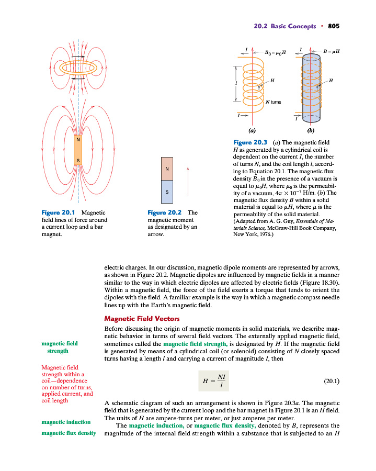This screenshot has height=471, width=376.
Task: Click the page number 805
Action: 334,26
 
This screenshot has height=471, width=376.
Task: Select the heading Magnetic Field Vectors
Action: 142,318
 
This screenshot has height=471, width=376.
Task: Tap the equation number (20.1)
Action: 332,381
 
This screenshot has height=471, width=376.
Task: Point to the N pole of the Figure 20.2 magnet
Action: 167,169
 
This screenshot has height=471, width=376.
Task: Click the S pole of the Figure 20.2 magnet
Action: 167,192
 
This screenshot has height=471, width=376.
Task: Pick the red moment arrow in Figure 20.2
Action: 187,181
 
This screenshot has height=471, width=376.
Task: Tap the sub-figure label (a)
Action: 252,130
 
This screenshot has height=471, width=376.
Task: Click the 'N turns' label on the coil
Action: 273,102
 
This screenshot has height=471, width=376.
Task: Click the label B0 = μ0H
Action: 275,53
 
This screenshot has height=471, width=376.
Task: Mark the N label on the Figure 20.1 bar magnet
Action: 78,140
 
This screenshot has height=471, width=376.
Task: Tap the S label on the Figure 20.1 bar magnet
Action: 78,160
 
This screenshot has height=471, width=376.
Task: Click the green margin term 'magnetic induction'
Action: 66,422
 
